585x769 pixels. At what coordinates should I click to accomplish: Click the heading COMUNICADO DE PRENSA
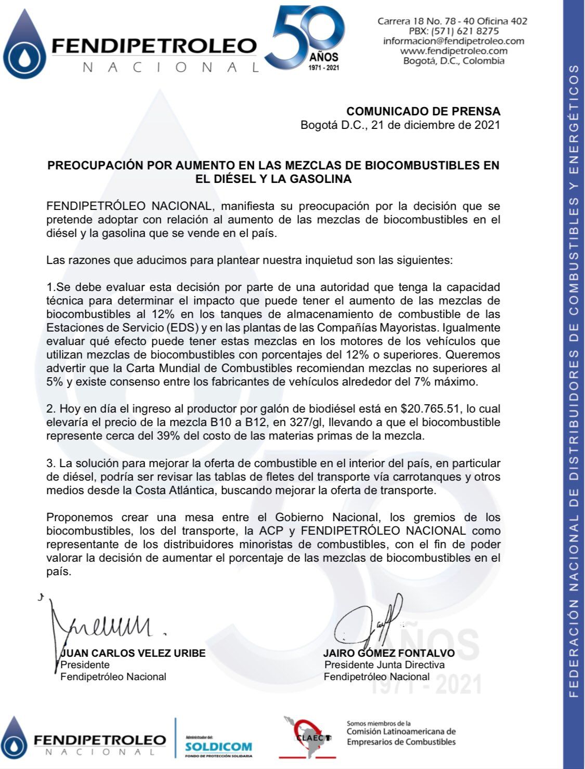tap(423, 111)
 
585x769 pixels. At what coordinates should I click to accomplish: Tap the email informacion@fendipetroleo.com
tap(453, 41)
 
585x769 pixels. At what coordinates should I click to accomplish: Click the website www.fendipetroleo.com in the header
tap(453, 51)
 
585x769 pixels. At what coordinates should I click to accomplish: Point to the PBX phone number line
tap(453, 31)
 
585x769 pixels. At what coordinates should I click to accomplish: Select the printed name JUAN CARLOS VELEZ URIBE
tap(133, 653)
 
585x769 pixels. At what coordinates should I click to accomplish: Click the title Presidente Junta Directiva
tap(384, 665)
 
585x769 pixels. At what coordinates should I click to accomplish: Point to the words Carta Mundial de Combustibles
tap(214, 368)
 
